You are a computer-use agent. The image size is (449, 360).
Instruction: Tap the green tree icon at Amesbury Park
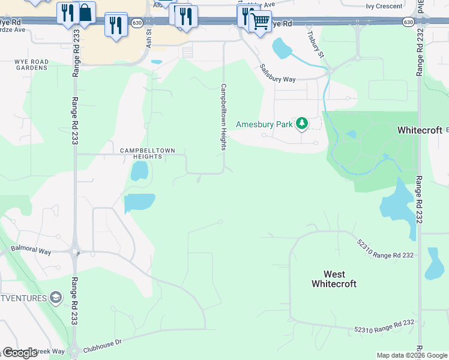301,124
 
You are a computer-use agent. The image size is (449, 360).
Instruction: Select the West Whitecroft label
334,279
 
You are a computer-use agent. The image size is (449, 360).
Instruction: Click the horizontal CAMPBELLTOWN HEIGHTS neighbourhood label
142,154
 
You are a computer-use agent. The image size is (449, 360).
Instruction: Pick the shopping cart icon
260,22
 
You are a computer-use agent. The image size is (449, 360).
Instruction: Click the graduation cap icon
56,297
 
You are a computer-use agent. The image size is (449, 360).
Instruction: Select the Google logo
20,353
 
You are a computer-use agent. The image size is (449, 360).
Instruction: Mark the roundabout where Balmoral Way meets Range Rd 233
75,252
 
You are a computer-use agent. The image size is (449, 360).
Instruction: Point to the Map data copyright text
412,356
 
